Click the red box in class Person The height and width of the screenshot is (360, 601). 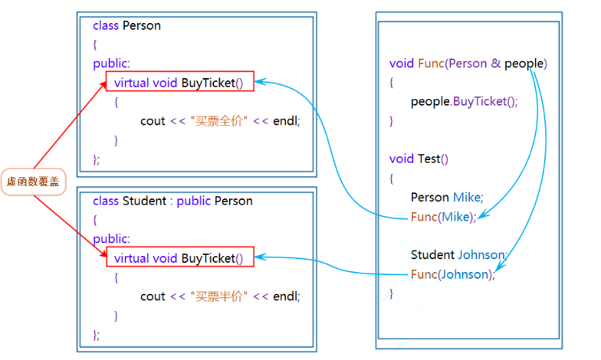[179, 82]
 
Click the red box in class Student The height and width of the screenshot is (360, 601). [179, 258]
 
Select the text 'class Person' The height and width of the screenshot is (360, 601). [126, 25]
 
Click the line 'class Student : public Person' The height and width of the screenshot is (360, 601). [172, 201]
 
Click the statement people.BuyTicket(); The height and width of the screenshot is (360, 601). [464, 101]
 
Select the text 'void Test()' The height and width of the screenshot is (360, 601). [419, 159]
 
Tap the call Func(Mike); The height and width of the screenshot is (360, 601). [443, 217]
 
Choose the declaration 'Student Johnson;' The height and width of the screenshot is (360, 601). [458, 255]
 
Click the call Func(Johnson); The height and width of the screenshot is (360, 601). [452, 274]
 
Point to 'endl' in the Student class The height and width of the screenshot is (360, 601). [285, 296]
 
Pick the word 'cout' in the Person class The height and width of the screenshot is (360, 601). [153, 120]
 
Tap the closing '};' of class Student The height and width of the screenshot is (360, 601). [97, 334]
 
